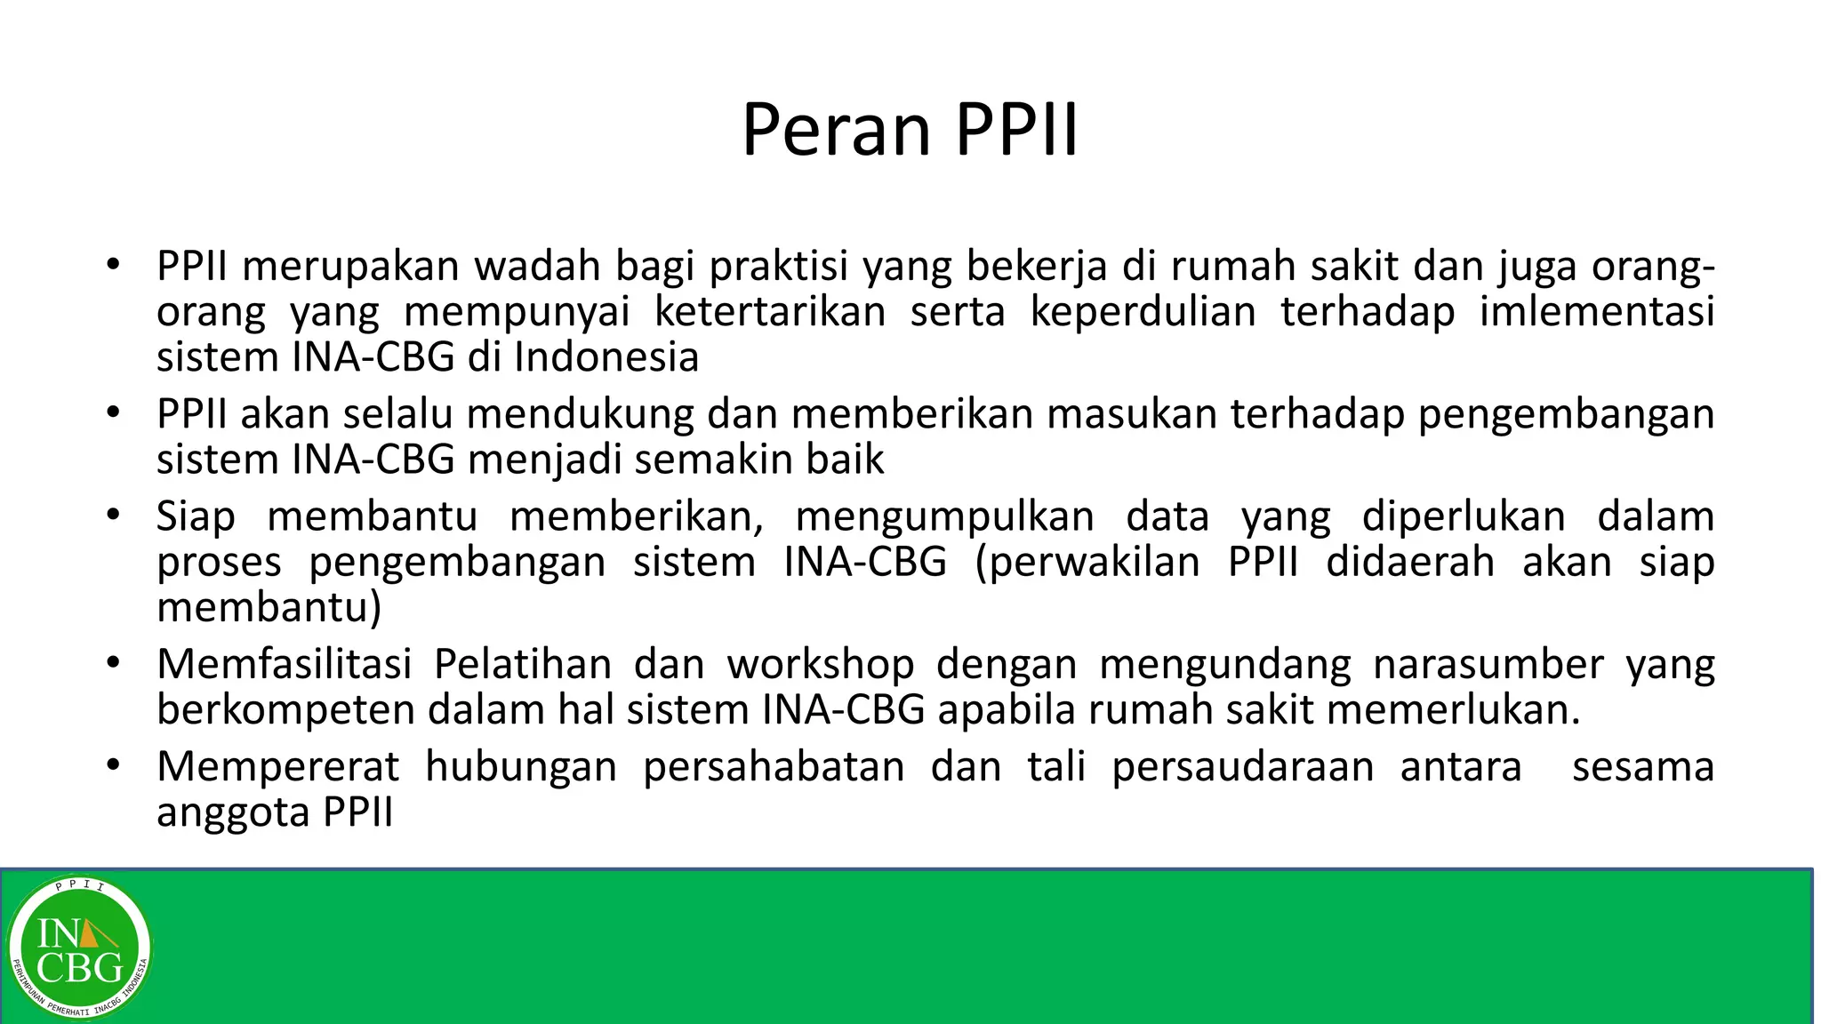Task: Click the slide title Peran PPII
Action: tap(910, 130)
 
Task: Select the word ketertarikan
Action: tap(770, 311)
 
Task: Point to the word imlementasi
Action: tap(1597, 311)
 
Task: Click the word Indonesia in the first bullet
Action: tap(606, 356)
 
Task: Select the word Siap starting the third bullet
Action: tap(196, 516)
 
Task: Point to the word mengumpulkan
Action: tap(944, 516)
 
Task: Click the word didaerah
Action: tap(1410, 562)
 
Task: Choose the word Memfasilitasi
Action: tap(285, 664)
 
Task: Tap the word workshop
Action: tap(821, 664)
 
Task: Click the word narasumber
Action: tap(1488, 664)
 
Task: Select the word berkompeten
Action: tap(286, 709)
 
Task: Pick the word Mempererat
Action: tap(278, 766)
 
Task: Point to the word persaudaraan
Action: tap(1243, 766)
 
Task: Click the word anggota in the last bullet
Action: tap(234, 812)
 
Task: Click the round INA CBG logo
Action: tap(80, 948)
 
